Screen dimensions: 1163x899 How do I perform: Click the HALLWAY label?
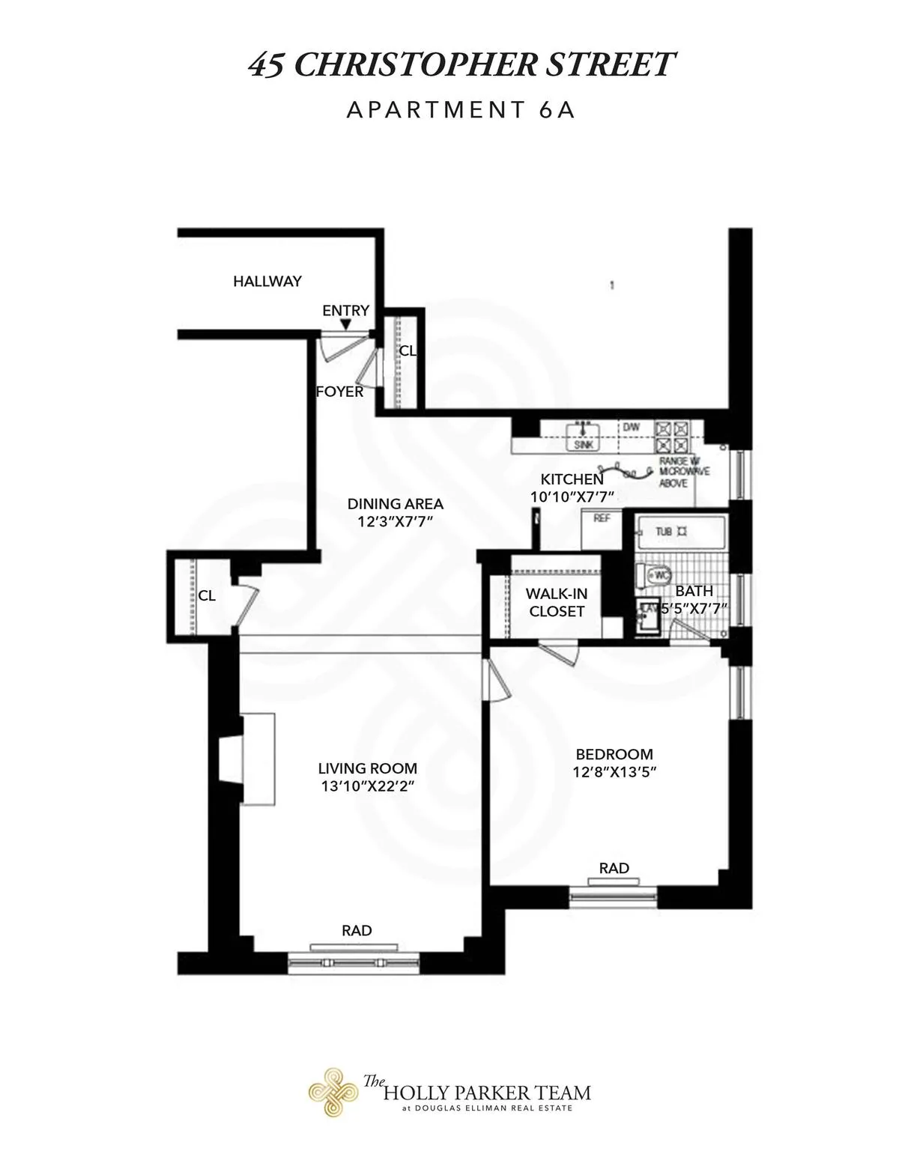[267, 282]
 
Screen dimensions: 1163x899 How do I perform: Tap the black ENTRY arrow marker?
[345, 324]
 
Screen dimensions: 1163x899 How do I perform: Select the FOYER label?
[339, 391]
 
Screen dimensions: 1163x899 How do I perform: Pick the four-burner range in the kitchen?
[672, 436]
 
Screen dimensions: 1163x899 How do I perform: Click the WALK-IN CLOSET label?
[556, 602]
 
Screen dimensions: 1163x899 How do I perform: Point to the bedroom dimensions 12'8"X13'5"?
[614, 772]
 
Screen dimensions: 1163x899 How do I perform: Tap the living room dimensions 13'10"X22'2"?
[367, 786]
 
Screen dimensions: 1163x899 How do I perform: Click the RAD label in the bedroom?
[614, 868]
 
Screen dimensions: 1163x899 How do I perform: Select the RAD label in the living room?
[357, 931]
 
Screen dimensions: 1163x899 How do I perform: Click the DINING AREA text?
[395, 504]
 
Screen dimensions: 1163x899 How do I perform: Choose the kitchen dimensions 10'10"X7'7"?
[572, 496]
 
